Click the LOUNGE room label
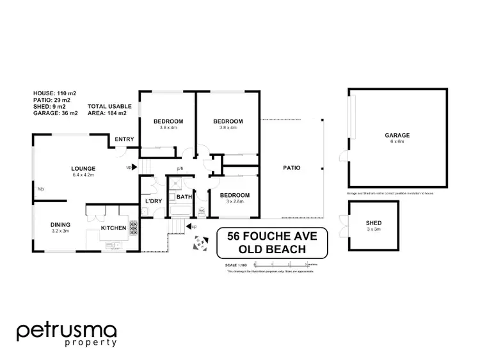[83, 168]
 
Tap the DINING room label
[61, 224]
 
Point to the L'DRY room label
[154, 201]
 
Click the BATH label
[184, 197]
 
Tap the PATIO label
[292, 168]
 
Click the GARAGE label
[397, 136]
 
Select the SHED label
[374, 223]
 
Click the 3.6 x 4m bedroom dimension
[168, 128]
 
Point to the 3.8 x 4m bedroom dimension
[228, 128]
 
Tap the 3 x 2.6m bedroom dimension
[234, 202]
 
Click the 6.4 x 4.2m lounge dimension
[83, 175]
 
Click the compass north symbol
[201, 242]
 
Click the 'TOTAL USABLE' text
[109, 106]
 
